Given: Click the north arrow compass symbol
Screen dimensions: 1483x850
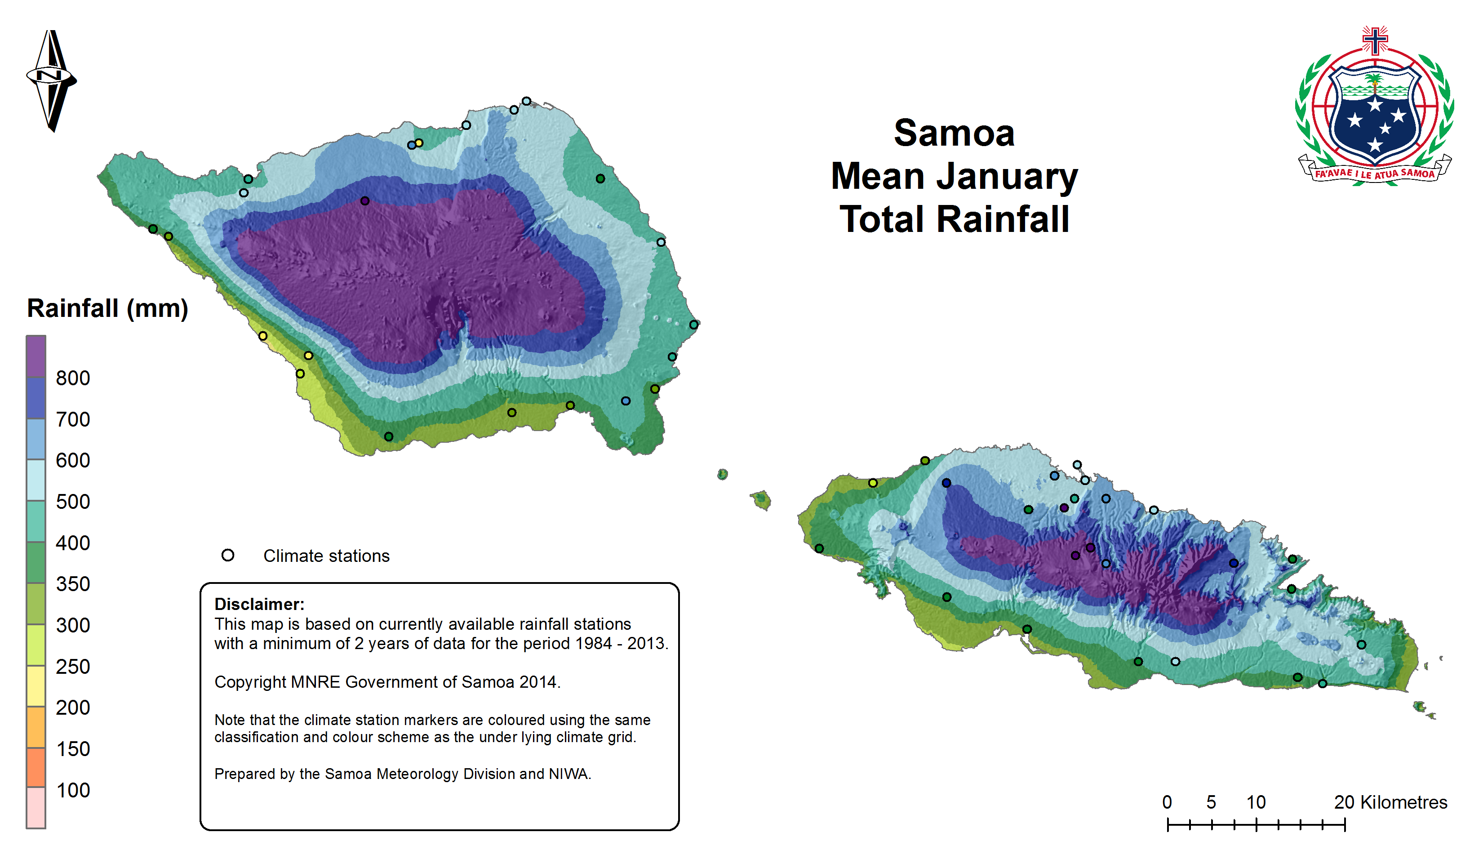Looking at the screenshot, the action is (52, 80).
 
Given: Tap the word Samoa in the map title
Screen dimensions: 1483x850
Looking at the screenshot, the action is (954, 133).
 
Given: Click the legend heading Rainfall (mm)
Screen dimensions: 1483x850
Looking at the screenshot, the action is (107, 308).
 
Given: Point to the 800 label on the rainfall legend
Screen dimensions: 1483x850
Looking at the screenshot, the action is (73, 378).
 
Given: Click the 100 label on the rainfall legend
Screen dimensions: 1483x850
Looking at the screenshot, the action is (73, 791).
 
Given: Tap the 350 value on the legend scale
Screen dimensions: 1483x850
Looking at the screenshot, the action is (73, 584).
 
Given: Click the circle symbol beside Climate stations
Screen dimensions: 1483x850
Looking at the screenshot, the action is (227, 555).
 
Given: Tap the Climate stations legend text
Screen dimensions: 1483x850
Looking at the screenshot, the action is (326, 556).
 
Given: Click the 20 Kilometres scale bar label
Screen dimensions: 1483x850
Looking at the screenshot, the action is (1390, 802).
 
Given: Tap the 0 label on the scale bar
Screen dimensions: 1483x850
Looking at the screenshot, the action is (1167, 802).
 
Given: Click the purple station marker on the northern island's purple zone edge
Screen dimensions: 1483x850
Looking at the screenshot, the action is (365, 201).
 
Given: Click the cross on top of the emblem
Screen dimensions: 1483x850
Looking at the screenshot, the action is (1375, 40).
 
